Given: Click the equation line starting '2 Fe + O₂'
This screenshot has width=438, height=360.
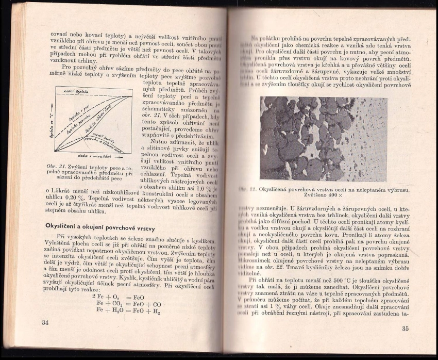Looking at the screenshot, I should (x=117, y=298).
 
